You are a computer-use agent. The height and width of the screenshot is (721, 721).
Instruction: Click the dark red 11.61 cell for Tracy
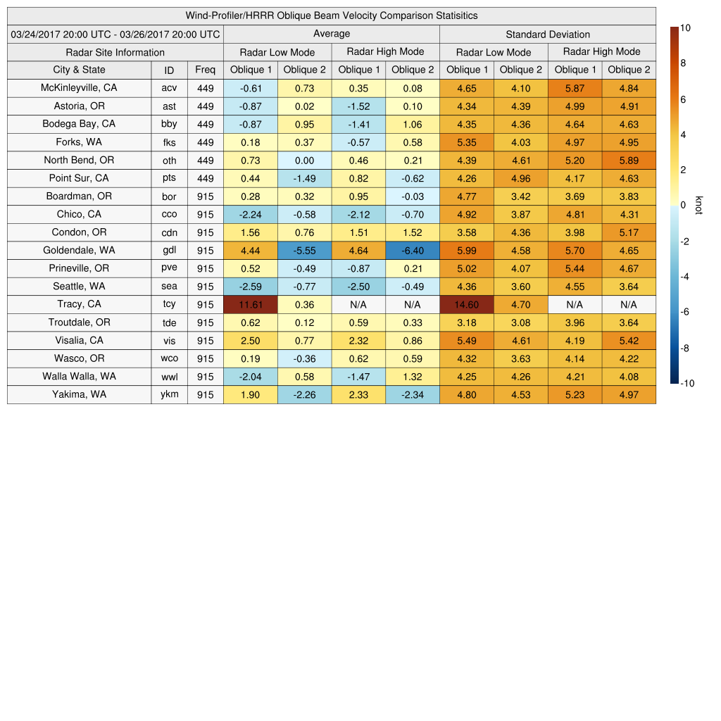point(250,304)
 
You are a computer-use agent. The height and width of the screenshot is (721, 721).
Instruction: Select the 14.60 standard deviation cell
point(466,304)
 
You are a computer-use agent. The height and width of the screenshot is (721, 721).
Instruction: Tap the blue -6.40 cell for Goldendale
point(412,250)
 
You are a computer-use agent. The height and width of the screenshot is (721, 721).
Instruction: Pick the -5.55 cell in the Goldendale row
point(304,250)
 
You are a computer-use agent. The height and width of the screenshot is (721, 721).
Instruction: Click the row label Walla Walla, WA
point(79,376)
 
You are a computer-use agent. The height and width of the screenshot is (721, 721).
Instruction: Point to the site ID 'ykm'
point(169,394)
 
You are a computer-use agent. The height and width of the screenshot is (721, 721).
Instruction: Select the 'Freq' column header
point(205,70)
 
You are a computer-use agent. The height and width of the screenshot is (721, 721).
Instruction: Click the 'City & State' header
point(79,70)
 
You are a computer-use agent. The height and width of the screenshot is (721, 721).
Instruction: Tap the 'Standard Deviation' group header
point(547,34)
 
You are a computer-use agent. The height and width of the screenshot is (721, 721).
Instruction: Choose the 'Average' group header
point(331,34)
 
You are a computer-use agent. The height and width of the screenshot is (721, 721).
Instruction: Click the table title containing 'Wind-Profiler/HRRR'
point(331,15)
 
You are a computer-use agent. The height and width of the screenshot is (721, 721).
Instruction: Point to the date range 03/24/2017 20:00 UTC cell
point(115,34)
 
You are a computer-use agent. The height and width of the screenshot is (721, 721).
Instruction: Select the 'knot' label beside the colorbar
point(698,205)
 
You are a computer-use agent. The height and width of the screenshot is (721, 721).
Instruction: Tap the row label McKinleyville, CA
point(79,88)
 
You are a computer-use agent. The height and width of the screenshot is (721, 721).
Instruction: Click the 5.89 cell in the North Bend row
point(628,161)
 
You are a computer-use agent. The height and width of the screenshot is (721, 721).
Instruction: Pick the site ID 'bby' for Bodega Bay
point(169,124)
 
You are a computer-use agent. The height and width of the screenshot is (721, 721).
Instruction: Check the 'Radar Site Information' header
point(115,52)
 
